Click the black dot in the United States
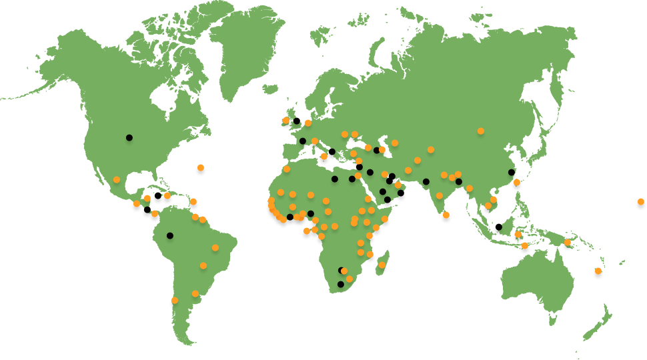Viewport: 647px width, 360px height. coord(129,137)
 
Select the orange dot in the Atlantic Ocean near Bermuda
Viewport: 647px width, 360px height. coord(200,167)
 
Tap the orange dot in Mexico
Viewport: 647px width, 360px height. coord(117,179)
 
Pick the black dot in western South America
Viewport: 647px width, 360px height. coord(170,235)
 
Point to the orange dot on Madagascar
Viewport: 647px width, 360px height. coord(382,265)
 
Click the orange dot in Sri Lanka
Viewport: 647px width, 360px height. coord(446,215)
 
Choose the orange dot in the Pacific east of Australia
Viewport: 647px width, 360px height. coord(598,271)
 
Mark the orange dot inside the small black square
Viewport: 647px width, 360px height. coord(640,201)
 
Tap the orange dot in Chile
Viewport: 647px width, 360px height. coord(175,300)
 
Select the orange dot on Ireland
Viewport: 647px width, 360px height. coord(285,121)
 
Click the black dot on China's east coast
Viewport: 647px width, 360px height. coord(512,172)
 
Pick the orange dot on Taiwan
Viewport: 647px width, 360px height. coord(516,182)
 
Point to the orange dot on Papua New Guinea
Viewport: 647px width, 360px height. coord(568,242)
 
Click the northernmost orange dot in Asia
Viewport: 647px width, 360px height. coord(480,131)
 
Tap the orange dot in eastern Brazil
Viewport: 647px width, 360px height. coord(215,247)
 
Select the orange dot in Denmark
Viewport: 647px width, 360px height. coord(308,123)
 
